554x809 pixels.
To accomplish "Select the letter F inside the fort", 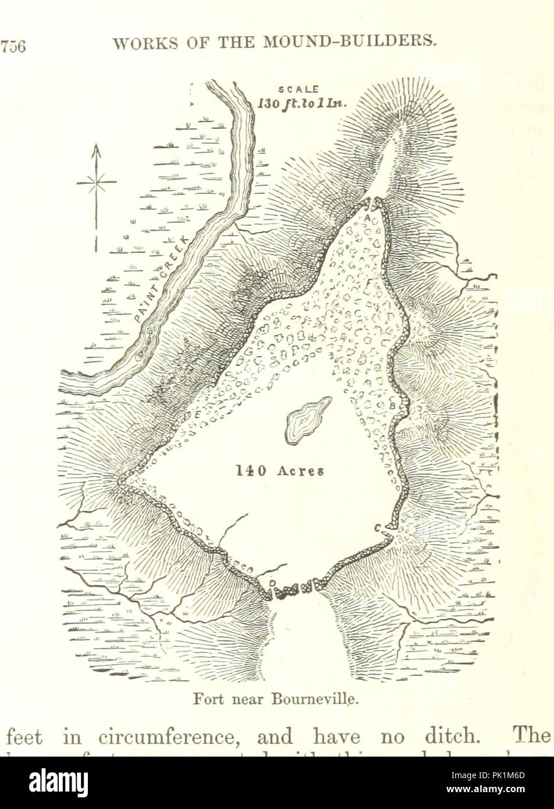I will [368, 282].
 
